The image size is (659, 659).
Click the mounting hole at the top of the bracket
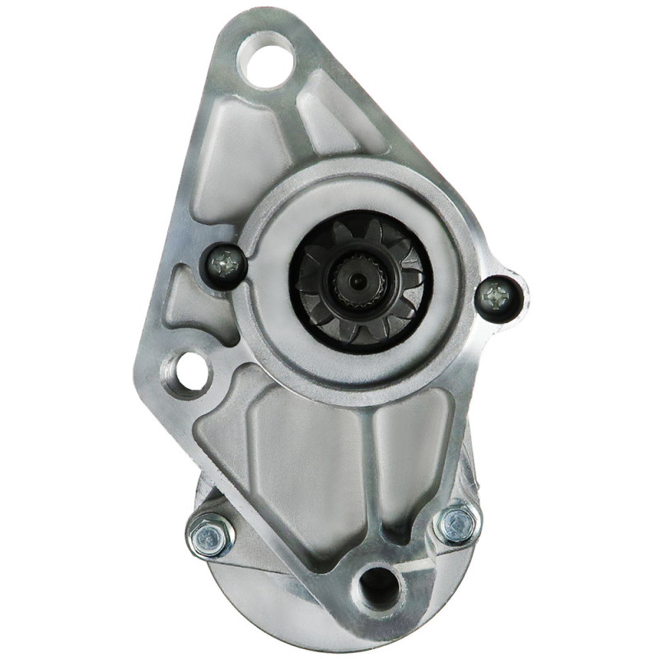coord(265,58)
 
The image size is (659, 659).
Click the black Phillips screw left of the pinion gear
coord(224,264)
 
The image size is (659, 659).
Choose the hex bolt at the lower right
coord(456,523)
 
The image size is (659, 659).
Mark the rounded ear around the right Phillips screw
coord(515,280)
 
